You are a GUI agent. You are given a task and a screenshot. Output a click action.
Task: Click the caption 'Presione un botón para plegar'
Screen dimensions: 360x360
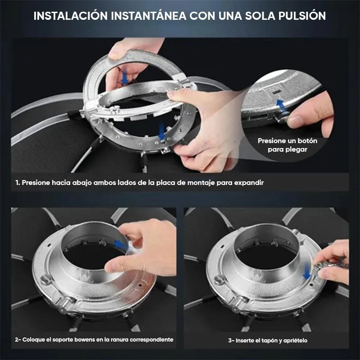pos(288,145)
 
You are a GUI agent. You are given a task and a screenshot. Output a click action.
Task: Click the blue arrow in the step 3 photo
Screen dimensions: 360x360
pos(307,270)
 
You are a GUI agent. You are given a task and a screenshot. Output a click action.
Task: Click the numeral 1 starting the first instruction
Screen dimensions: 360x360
pos(17,183)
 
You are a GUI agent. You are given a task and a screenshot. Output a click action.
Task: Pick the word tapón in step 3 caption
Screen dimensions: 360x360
pos(268,341)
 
